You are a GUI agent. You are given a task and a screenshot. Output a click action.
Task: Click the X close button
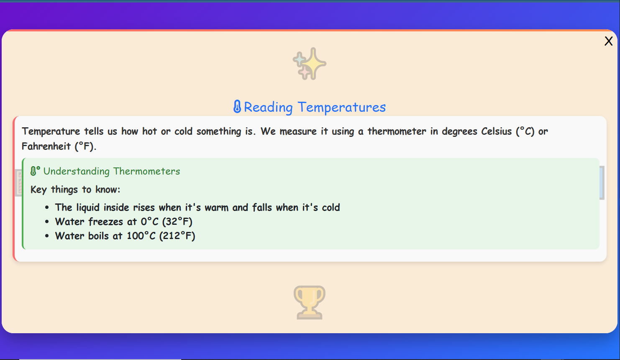click(x=608, y=41)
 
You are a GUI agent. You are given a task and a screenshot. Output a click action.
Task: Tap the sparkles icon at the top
click(x=310, y=64)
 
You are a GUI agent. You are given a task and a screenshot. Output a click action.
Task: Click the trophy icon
click(x=310, y=302)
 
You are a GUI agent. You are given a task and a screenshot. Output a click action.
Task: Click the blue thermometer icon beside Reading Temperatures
click(x=237, y=107)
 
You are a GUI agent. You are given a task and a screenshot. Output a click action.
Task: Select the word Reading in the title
click(x=268, y=107)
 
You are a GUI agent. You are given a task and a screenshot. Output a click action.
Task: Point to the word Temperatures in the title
click(x=342, y=107)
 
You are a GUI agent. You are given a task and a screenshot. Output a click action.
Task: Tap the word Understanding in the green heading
click(x=77, y=171)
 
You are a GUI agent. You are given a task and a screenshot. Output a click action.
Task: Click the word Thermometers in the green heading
click(x=146, y=171)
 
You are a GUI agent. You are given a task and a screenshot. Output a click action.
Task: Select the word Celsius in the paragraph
click(x=496, y=131)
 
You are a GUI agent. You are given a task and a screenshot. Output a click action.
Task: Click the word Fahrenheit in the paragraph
click(x=46, y=146)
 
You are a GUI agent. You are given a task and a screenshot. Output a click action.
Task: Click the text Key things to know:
click(x=75, y=190)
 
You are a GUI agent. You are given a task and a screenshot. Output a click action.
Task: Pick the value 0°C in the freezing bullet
click(x=149, y=221)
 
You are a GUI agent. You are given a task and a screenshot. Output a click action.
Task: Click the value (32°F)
click(x=177, y=221)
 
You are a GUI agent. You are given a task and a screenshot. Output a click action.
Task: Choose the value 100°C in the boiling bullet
click(x=141, y=236)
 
